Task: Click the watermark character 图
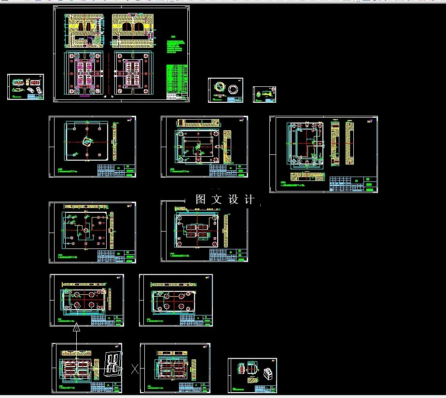(x=201, y=199)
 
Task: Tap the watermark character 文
(x=217, y=199)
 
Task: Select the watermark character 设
(x=233, y=199)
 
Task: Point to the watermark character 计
(x=249, y=199)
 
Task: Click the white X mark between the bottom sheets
(x=135, y=370)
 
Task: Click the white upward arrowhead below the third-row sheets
(x=76, y=329)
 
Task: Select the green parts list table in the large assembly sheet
(x=176, y=82)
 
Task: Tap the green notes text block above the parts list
(x=176, y=46)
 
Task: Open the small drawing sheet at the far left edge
(x=26, y=87)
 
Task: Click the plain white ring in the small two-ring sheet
(x=235, y=89)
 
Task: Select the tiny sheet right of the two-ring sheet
(x=265, y=94)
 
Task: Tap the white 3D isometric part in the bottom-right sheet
(x=267, y=372)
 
